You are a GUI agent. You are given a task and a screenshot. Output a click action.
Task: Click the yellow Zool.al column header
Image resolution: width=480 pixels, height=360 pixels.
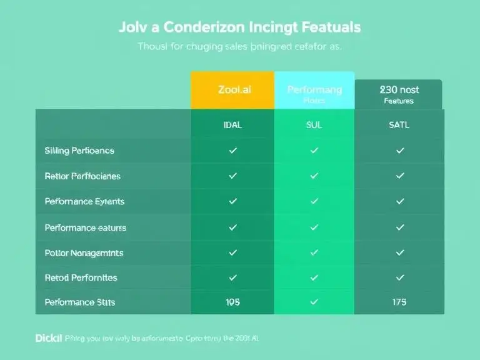(232, 90)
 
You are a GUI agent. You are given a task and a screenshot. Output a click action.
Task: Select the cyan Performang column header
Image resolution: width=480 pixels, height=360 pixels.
(314, 90)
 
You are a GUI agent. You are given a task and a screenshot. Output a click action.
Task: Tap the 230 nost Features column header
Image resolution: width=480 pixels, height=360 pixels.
(399, 94)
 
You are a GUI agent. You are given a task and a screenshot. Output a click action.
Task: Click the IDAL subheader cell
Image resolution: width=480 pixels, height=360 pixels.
(232, 125)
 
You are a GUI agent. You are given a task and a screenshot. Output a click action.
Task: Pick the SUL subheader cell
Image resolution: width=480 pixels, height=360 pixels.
(314, 125)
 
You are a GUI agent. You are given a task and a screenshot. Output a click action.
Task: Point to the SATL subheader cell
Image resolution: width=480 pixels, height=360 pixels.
(399, 125)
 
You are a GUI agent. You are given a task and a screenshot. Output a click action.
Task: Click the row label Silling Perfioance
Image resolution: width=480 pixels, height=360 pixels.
(79, 151)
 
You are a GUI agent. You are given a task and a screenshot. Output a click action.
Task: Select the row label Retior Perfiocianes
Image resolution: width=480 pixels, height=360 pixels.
(82, 176)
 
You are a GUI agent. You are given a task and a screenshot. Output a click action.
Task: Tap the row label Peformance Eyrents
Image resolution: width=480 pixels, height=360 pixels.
(84, 202)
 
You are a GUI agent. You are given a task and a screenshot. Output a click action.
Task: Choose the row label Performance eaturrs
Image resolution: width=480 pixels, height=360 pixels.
(86, 228)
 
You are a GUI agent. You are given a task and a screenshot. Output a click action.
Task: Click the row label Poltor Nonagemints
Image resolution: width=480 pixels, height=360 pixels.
(84, 253)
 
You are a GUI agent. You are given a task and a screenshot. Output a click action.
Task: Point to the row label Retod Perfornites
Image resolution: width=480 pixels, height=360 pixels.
(81, 277)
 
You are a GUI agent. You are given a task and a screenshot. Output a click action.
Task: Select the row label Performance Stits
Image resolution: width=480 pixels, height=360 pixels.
(80, 302)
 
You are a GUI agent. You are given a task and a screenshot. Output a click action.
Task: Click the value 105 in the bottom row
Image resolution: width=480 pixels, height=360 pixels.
(232, 302)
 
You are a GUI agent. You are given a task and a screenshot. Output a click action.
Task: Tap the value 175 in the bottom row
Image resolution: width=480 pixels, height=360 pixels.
(399, 302)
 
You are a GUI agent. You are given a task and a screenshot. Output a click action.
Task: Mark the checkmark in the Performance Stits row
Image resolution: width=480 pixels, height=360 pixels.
(314, 302)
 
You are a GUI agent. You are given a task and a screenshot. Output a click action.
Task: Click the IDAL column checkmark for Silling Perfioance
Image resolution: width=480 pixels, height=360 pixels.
(232, 151)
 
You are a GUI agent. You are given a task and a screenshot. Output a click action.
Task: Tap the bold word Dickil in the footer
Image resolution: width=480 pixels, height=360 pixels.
(49, 338)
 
